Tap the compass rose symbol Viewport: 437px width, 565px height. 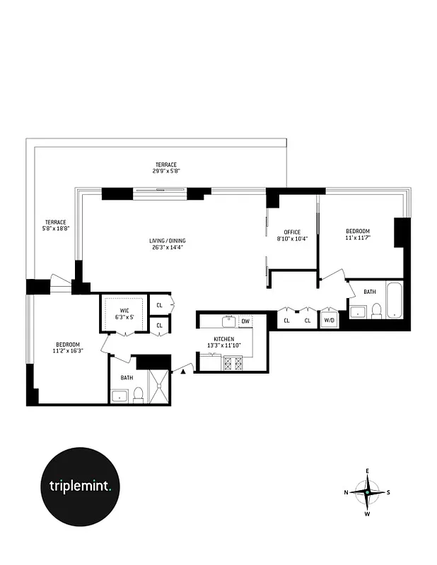click(x=368, y=492)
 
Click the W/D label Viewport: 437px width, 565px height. click(x=330, y=321)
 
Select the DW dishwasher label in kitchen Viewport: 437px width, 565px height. click(x=245, y=321)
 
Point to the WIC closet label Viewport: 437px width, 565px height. click(x=124, y=311)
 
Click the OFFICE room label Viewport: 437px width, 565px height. click(x=292, y=232)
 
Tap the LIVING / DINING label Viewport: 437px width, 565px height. click(x=168, y=241)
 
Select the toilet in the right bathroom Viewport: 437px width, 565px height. click(x=376, y=310)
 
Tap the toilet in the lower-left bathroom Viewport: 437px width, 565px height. click(x=139, y=394)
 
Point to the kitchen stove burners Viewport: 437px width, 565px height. click(x=233, y=364)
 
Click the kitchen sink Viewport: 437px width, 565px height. click(x=229, y=322)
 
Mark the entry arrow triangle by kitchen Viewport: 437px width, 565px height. click(x=184, y=368)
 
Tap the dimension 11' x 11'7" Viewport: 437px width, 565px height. click(x=358, y=239)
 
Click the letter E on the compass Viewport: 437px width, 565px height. click(x=368, y=471)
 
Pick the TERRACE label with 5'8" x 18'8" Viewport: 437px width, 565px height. click(x=55, y=222)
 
